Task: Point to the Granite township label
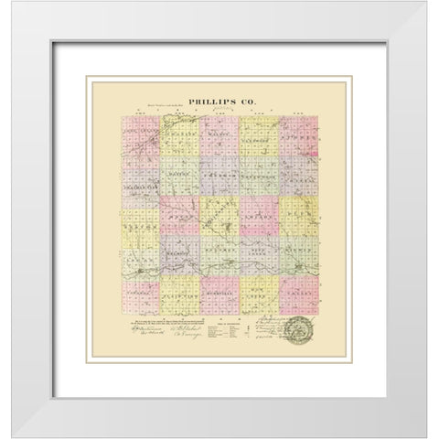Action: coord(179,133)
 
